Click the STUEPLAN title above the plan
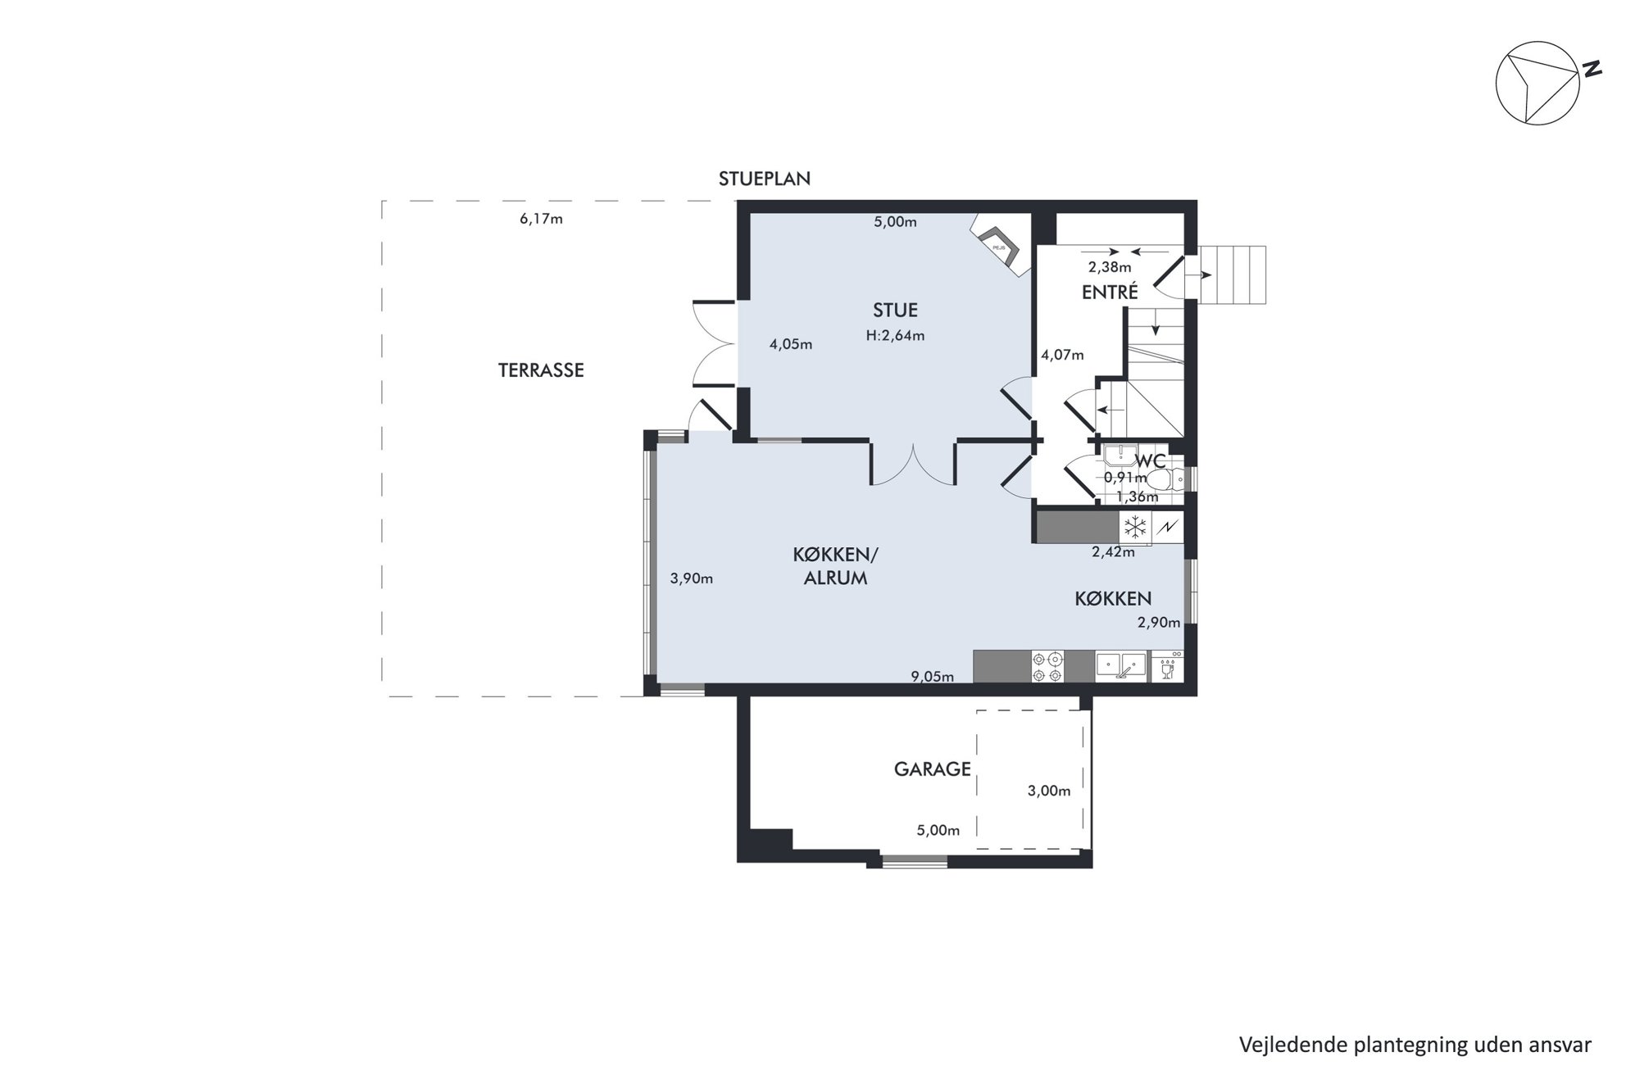[x=765, y=179]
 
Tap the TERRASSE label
[x=541, y=370]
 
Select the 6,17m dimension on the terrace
[x=541, y=219]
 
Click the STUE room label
[x=895, y=310]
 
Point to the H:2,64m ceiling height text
[x=895, y=335]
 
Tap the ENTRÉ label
[x=1110, y=292]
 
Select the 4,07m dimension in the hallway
[x=1062, y=355]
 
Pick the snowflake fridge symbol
[x=1135, y=527]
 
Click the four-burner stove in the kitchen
[x=1047, y=666]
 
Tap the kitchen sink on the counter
[x=1120, y=666]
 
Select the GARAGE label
[x=932, y=769]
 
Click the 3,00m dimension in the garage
[x=1049, y=791]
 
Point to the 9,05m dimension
[x=933, y=677]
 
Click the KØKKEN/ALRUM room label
[x=835, y=566]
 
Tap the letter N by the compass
[x=1592, y=70]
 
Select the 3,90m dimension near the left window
[x=692, y=578]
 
